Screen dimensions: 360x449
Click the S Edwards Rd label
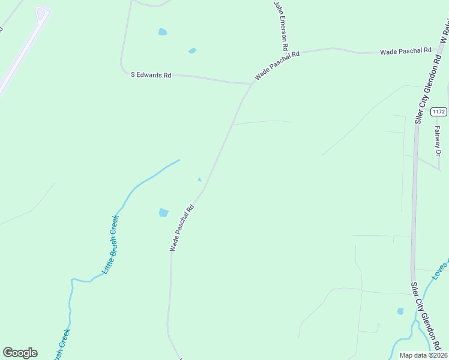tap(151, 75)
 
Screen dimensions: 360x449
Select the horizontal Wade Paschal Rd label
tap(406, 52)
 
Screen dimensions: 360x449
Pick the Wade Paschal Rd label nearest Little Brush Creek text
tap(182, 228)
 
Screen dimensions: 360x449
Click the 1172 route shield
tap(439, 111)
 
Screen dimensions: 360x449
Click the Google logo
tap(20, 353)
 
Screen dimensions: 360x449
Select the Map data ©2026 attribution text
tap(424, 355)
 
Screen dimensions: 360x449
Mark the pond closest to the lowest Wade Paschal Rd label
tap(163, 212)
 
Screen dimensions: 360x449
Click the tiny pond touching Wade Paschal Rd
tap(200, 179)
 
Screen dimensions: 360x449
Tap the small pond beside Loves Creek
tap(400, 311)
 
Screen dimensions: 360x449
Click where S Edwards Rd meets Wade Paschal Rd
tap(252, 83)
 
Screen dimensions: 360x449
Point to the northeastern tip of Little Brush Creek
tap(179, 160)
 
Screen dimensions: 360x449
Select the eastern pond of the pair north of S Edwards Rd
tap(192, 51)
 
